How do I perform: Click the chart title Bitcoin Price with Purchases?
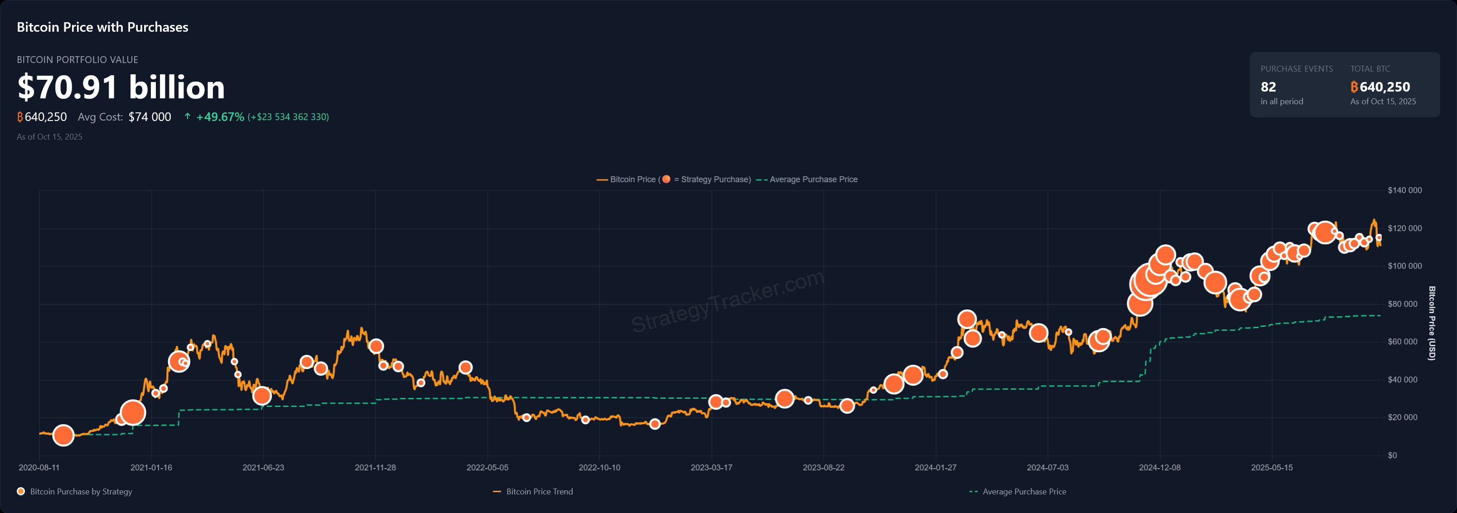[x=102, y=27]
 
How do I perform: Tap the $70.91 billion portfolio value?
[x=121, y=87]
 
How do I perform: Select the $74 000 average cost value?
[x=150, y=117]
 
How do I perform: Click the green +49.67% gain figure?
[x=220, y=117]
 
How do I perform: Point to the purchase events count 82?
[x=1268, y=87]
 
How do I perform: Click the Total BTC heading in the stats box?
[x=1370, y=69]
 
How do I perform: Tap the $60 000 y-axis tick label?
[x=1402, y=342]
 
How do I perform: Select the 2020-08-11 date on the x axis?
[x=39, y=468]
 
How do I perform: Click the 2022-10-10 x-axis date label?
[x=599, y=468]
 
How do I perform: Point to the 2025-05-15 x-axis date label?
[x=1272, y=468]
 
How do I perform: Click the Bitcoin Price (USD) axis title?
[x=1432, y=323]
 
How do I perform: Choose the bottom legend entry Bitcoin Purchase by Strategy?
[x=81, y=492]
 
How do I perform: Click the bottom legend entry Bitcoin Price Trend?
[x=539, y=492]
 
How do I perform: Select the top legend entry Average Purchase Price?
[x=813, y=179]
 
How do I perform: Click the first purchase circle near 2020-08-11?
[x=63, y=435]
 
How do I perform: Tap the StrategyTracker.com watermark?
[x=728, y=301]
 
